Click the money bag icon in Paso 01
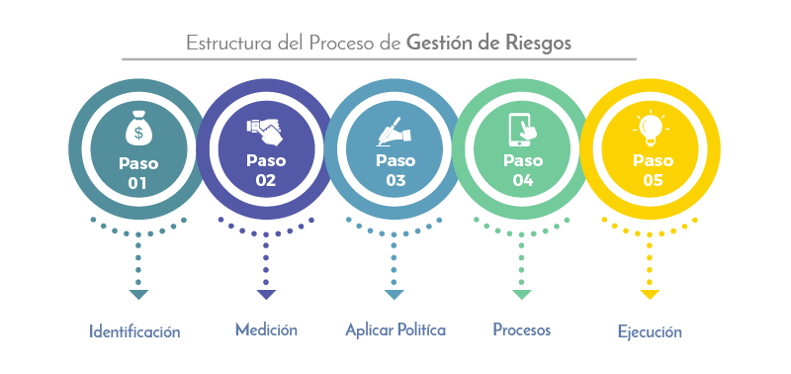pos(137,130)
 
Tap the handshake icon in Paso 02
pos(265,129)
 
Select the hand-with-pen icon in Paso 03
pos(395,130)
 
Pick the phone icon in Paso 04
pos(522,130)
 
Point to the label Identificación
pos(134,331)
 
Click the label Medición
pos(266,328)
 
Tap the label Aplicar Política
pos(395,329)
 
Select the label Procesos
pos(522,329)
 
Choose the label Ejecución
pos(651,332)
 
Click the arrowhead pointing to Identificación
pos(138,295)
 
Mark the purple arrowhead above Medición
pos(266,295)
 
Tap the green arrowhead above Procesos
pos(522,295)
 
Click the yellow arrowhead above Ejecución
pos(650,295)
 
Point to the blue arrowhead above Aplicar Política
pos(395,295)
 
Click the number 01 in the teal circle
pos(137,183)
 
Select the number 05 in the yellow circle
pos(653,181)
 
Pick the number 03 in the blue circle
pos(395,181)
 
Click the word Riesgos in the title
pos(535,44)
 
